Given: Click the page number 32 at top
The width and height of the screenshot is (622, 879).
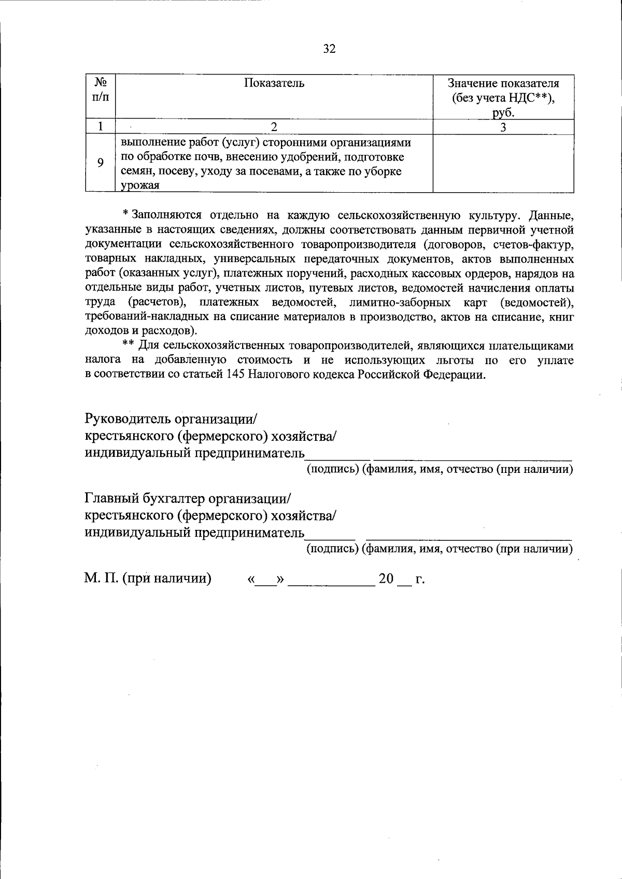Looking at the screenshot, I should (x=329, y=49).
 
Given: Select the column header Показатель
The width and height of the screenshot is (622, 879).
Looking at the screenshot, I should (x=274, y=83).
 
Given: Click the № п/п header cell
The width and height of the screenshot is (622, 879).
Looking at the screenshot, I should (x=101, y=90).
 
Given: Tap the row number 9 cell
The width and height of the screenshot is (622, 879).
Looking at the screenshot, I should (x=101, y=163).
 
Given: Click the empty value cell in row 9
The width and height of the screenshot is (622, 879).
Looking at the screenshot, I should (x=503, y=163).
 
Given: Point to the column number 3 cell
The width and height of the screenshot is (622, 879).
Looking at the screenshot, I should (x=503, y=127).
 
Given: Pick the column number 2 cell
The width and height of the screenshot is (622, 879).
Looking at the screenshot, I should (x=274, y=127).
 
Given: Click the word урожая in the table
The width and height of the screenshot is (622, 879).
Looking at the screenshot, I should (x=140, y=185).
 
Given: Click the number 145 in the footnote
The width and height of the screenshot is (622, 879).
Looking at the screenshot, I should (x=236, y=374).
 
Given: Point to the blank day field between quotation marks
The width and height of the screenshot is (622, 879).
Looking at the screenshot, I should (x=266, y=580).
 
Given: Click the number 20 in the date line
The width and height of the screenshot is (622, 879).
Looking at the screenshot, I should (x=386, y=579).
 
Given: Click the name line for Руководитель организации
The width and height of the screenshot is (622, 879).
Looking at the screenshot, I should (x=472, y=456).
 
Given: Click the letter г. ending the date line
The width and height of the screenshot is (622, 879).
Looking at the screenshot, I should (x=420, y=579).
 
